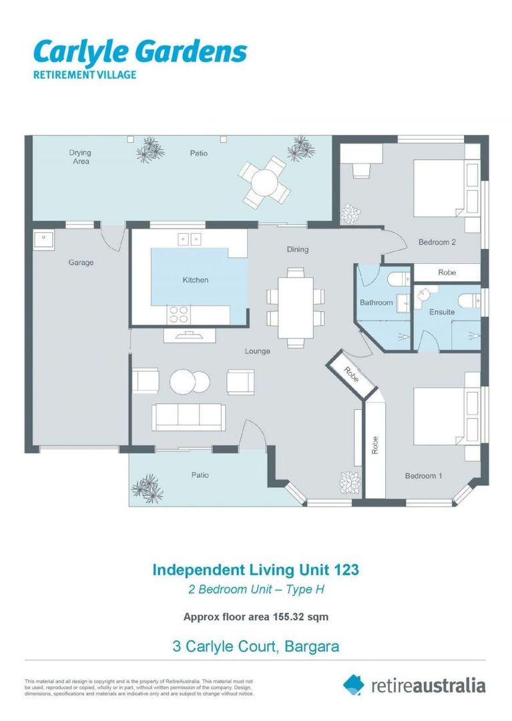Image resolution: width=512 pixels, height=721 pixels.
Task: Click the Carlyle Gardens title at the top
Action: click(x=140, y=51)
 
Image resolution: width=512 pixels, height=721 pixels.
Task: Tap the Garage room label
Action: click(x=81, y=263)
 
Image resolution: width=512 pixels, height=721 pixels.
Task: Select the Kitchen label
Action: click(x=195, y=280)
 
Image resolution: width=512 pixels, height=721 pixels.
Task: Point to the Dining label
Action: click(x=298, y=250)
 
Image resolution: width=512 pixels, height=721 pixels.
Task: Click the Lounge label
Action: click(x=257, y=351)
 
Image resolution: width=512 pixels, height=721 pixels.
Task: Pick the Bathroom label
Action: click(x=376, y=303)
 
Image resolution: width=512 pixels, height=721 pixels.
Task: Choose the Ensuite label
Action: click(x=442, y=312)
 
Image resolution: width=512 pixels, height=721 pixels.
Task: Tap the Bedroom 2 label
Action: click(x=437, y=242)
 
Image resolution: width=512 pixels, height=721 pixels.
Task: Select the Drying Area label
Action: click(x=80, y=157)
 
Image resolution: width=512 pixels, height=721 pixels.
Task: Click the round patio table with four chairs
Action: click(x=266, y=181)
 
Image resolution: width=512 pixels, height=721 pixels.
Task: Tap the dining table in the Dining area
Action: click(x=295, y=307)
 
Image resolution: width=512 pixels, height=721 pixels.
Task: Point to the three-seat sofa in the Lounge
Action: click(x=189, y=417)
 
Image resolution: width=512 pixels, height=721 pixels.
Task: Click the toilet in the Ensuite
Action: click(x=469, y=298)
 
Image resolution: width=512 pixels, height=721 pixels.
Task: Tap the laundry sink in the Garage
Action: click(x=45, y=238)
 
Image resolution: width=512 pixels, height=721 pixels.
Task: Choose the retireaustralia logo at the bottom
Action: click(x=414, y=685)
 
